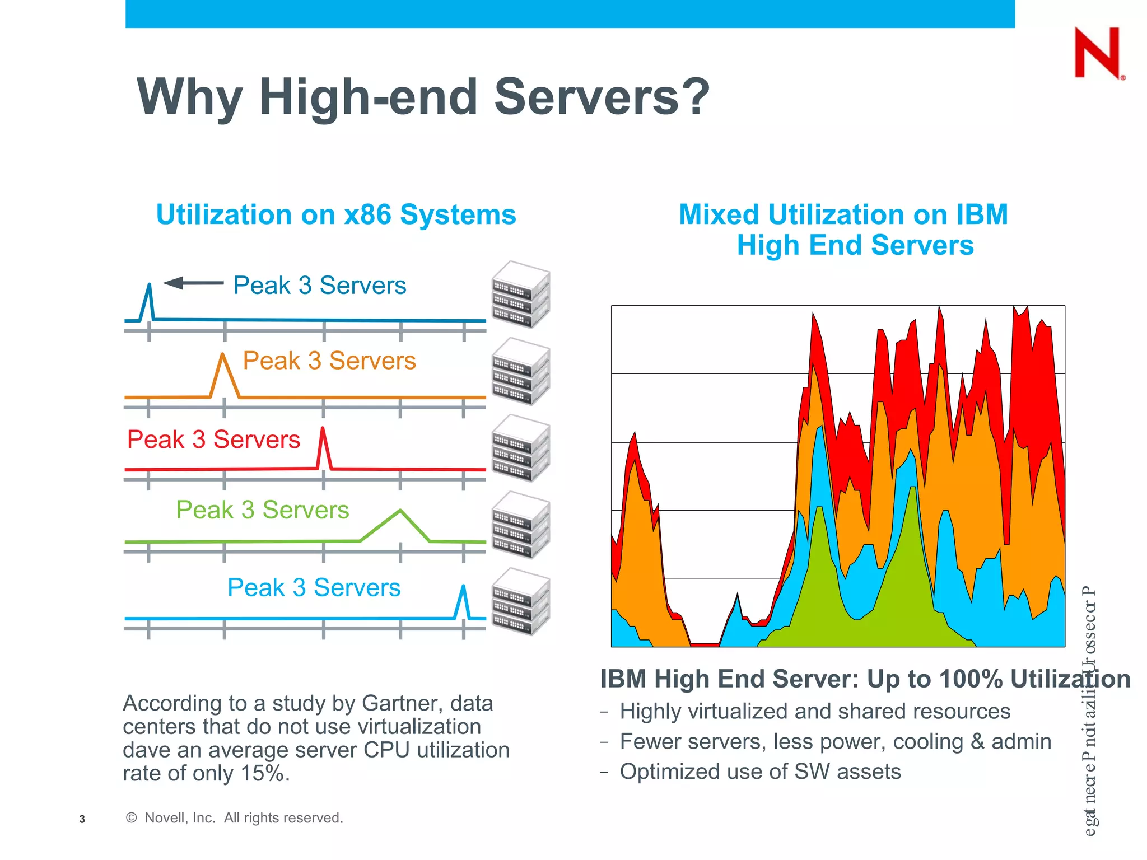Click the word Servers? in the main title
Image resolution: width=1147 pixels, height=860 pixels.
[x=602, y=96]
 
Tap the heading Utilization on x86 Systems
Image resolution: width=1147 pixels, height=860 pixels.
[x=336, y=214]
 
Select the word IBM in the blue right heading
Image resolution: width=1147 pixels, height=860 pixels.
[x=982, y=214]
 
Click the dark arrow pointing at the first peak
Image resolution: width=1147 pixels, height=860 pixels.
[x=193, y=283]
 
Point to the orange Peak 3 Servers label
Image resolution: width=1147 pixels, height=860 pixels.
[x=329, y=361]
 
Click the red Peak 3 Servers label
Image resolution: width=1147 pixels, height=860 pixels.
[x=213, y=440]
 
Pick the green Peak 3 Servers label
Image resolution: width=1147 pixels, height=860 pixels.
[x=263, y=510]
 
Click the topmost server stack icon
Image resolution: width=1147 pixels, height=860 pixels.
[x=520, y=295]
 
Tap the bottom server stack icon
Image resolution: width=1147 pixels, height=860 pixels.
[x=520, y=602]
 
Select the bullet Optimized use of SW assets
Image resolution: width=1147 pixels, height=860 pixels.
[x=760, y=772]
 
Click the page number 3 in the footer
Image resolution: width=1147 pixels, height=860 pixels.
[x=82, y=819]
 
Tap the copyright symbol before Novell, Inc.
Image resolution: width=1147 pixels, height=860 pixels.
[x=132, y=818]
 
